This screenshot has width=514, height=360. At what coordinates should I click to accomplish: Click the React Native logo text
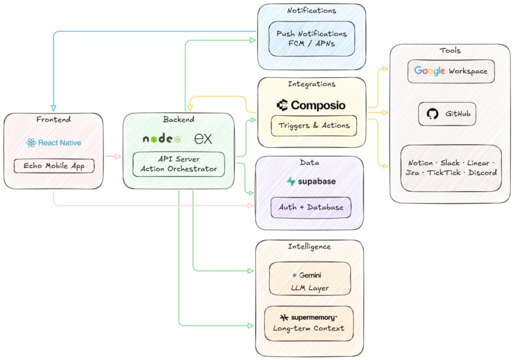click(59, 143)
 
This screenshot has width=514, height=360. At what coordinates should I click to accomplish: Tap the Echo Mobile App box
click(54, 166)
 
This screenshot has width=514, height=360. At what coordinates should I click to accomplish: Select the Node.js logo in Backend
click(162, 138)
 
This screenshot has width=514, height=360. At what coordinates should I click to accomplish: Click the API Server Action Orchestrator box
click(178, 164)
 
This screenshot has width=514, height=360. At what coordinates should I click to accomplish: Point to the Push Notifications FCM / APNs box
click(311, 39)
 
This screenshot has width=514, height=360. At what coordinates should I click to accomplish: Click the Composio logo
click(312, 104)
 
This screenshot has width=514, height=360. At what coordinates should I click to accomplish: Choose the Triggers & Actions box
click(313, 126)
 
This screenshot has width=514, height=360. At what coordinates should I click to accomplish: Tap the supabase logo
click(311, 182)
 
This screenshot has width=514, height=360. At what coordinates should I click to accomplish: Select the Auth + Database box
click(311, 207)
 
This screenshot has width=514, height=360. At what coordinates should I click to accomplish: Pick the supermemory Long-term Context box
click(309, 322)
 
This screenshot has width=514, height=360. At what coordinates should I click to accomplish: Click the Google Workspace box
click(451, 71)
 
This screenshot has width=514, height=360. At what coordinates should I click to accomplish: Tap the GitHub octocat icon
click(432, 114)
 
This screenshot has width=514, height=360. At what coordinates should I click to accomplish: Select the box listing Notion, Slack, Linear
click(450, 168)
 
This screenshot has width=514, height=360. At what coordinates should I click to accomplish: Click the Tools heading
click(450, 51)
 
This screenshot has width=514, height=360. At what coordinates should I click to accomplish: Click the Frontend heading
click(53, 119)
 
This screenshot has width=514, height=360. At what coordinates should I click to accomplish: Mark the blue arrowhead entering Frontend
click(53, 108)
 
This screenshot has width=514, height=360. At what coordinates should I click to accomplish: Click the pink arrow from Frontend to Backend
click(112, 155)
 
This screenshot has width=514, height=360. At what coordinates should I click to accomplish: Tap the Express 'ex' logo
click(203, 138)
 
